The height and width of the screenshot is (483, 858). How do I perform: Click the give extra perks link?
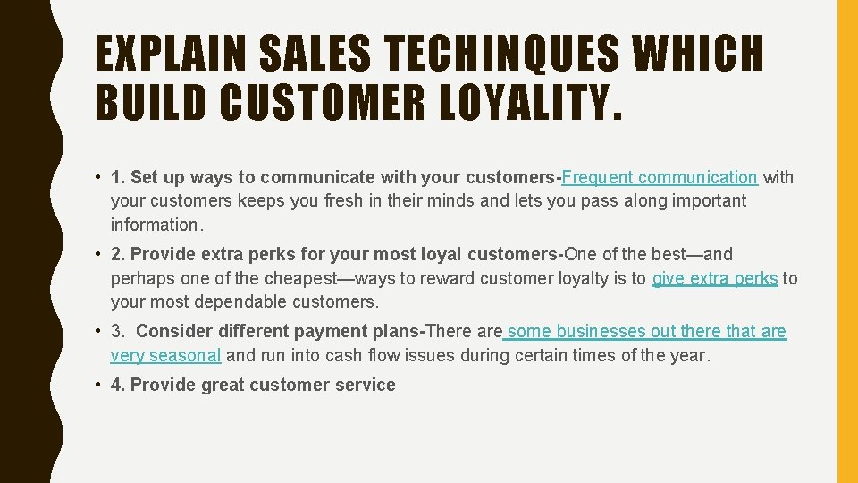pyautogui.click(x=716, y=278)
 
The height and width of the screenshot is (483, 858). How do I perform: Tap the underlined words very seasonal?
pyautogui.click(x=165, y=355)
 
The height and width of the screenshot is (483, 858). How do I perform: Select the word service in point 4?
pyautogui.click(x=364, y=386)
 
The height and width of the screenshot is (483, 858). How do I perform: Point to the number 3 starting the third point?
pyautogui.click(x=116, y=332)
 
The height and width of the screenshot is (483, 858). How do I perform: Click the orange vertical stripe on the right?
pyautogui.click(x=846, y=241)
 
